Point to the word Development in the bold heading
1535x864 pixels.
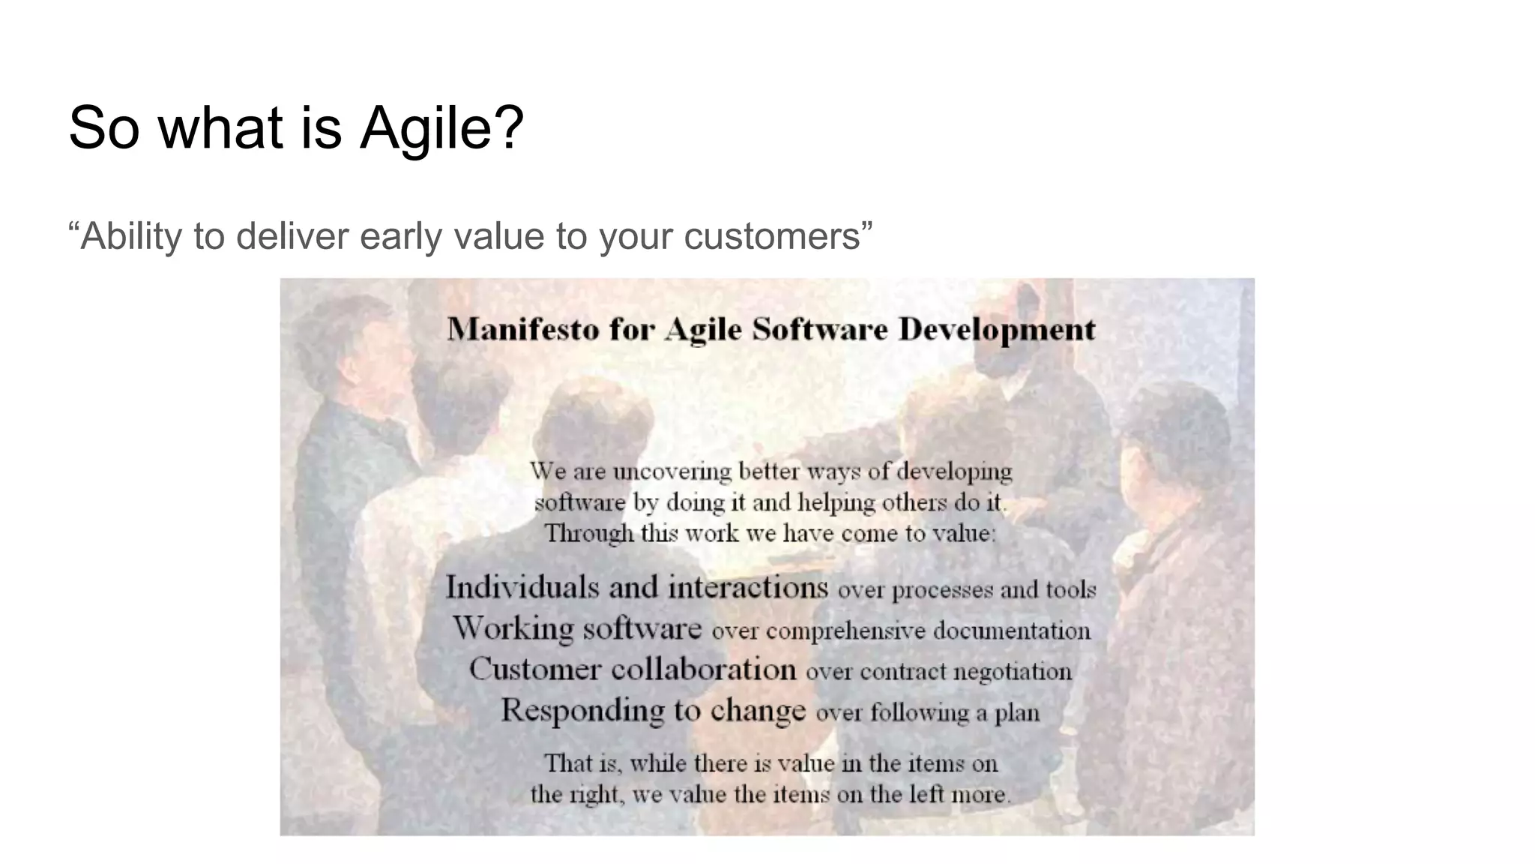point(997,330)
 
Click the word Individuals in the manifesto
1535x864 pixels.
point(522,587)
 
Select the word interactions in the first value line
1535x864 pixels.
point(748,587)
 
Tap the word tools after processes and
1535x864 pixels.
point(1073,590)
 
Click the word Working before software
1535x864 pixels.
point(513,628)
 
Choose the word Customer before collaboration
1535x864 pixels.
point(535,669)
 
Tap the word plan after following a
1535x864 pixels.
point(1017,712)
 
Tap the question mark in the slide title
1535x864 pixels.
point(510,127)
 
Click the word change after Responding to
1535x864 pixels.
point(758,710)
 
